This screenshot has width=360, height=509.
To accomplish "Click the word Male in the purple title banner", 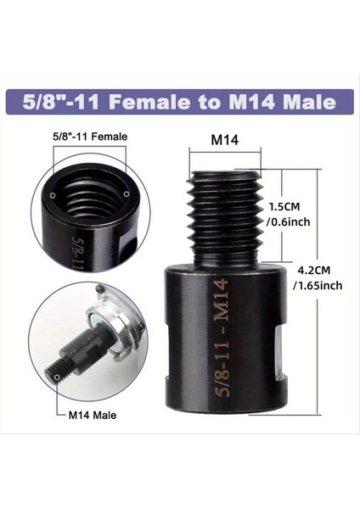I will tap(302, 103).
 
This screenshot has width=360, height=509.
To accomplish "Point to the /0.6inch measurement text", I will tap(288, 221).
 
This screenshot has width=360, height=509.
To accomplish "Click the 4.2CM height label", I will tap(315, 270).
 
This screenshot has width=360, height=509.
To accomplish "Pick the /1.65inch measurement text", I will tap(318, 285).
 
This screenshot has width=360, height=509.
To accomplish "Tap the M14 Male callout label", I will tap(93, 417).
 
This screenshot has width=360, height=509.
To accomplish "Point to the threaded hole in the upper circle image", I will tap(88, 204).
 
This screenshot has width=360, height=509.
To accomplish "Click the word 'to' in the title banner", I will tap(200, 103).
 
